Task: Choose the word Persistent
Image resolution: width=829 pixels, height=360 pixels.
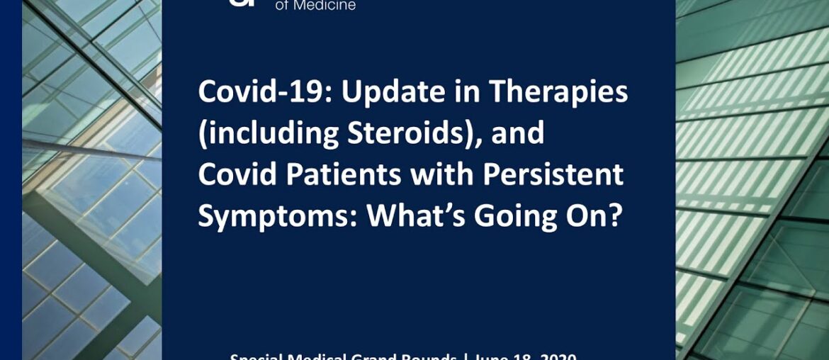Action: [550, 175]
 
